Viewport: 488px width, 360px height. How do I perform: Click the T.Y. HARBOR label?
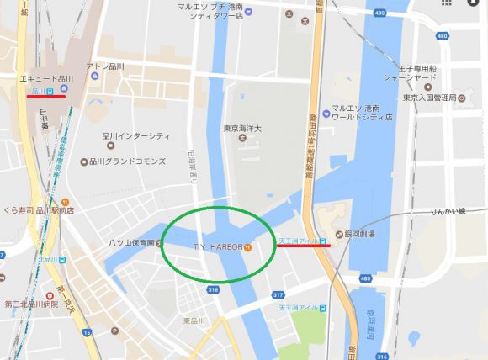point(217,247)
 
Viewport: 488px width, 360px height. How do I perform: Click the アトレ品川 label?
point(105,66)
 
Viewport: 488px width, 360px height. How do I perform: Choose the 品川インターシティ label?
point(135,136)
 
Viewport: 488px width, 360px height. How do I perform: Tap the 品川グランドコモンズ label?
point(128,161)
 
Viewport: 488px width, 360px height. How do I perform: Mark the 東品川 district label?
point(195,320)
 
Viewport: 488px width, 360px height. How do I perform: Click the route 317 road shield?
point(278,295)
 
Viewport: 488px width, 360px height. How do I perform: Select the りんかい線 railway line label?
point(448,212)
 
